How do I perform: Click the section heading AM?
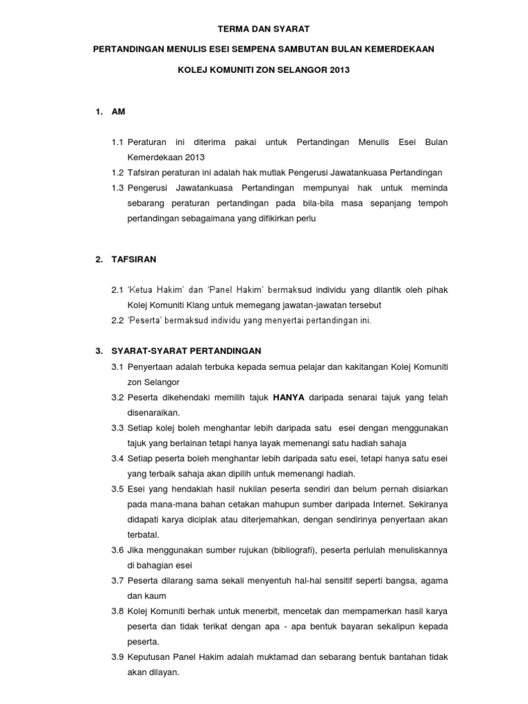(x=118, y=111)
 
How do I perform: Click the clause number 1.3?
(x=117, y=188)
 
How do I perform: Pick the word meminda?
(x=428, y=188)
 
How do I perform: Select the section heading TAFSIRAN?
(x=134, y=259)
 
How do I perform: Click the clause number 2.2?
(x=117, y=320)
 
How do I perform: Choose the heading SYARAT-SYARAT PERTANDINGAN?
(x=186, y=351)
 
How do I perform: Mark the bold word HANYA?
(x=289, y=397)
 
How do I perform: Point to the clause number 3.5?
(x=117, y=489)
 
